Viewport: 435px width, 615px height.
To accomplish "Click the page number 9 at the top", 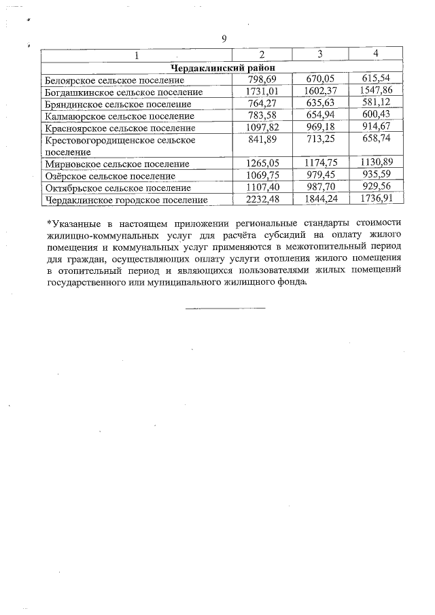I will click(224, 38).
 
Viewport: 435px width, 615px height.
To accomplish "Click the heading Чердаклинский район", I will click(223, 67).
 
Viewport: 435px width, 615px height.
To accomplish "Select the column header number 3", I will click(319, 54).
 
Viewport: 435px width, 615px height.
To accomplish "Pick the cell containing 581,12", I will click(376, 103).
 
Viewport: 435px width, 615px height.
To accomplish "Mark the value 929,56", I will click(376, 188).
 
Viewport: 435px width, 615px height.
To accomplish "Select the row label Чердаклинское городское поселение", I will click(125, 200).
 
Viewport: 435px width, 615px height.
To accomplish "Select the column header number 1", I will click(137, 54).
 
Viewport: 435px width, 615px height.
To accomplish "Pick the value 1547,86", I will click(376, 92).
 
